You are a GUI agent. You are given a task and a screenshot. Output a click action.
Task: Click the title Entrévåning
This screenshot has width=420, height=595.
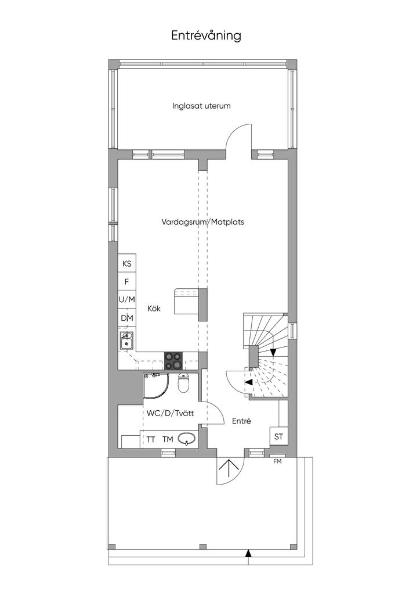click(206, 35)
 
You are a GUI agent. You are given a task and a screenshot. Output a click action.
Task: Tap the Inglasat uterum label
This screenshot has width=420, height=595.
click(201, 106)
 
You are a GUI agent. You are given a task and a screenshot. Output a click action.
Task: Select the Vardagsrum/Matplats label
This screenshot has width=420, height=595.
click(202, 221)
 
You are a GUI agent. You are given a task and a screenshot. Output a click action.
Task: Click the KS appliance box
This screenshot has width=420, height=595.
click(127, 263)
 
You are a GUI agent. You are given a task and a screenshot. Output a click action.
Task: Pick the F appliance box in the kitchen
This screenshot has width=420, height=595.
click(127, 282)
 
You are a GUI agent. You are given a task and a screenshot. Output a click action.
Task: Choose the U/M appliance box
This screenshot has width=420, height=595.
click(127, 300)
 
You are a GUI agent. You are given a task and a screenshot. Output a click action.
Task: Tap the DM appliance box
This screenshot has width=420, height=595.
click(127, 318)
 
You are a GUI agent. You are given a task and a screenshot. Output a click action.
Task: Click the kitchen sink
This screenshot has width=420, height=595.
click(126, 340)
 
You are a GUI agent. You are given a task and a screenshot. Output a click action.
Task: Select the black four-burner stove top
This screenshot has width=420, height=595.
click(173, 360)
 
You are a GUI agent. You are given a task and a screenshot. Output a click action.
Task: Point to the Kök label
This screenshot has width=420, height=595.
click(154, 309)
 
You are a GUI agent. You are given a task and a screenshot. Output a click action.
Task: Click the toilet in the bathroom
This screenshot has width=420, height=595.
click(184, 382)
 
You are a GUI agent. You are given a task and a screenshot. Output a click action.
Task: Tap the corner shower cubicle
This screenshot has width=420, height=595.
click(156, 386)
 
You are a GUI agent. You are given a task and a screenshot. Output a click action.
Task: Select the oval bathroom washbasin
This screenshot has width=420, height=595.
click(187, 440)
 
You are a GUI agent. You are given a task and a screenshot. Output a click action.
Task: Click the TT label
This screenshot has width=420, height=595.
click(151, 440)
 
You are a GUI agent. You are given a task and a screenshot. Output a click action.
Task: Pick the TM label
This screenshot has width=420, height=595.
click(168, 440)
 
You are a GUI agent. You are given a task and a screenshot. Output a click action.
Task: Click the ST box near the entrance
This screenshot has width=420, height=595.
click(278, 436)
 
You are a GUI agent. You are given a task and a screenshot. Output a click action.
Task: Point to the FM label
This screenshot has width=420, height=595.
click(278, 462)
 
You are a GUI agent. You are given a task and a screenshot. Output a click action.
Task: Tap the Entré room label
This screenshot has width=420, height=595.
click(242, 421)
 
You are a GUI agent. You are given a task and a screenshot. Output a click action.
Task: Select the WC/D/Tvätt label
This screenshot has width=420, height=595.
click(170, 413)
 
